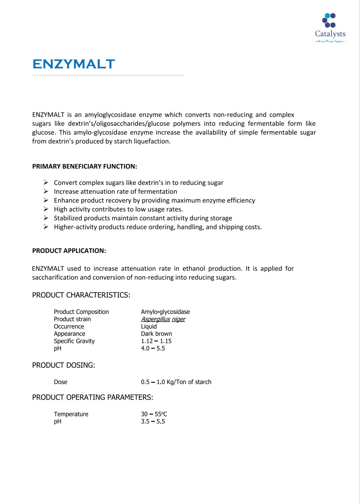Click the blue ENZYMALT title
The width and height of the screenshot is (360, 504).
coord(74,64)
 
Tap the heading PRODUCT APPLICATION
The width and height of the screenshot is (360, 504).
coord(69,250)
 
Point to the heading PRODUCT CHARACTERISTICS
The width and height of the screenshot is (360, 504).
coord(81,295)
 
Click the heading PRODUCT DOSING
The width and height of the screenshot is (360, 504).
coord(64,365)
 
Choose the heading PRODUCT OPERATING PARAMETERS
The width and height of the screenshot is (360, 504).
coord(93,397)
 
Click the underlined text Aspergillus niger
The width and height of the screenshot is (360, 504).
coord(163,319)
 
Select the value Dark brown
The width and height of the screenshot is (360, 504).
coord(157,334)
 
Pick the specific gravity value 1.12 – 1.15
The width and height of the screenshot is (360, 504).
coord(156,341)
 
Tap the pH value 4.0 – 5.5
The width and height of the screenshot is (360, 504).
coord(153,348)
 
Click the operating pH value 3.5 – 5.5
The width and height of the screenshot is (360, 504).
coord(153,421)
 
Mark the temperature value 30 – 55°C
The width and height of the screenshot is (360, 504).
coord(154,414)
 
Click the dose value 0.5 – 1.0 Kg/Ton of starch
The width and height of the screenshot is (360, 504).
coord(176,382)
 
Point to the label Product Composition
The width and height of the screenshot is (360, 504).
coord(81,312)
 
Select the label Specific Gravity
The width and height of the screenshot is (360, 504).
coord(74,341)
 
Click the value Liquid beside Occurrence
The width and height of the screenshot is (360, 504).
coord(149,326)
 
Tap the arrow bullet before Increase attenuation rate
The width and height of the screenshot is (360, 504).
coord(46,192)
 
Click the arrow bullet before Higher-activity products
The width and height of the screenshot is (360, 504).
coord(46,227)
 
